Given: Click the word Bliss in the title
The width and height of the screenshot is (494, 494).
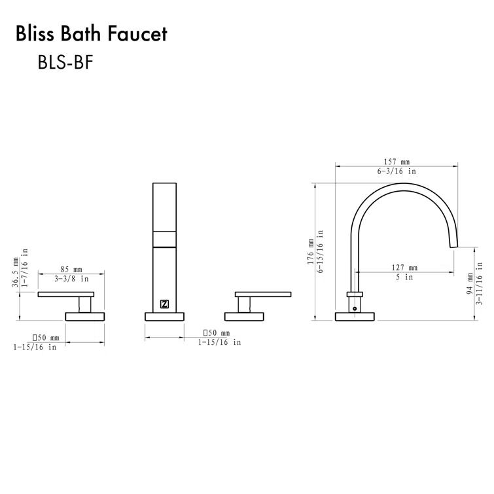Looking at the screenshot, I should tap(36, 33).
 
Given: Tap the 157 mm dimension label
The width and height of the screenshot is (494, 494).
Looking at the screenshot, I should tap(397, 162).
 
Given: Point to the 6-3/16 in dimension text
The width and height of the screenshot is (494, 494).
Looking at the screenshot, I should tap(397, 171).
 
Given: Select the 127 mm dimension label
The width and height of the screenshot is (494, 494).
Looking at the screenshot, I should tap(404, 268).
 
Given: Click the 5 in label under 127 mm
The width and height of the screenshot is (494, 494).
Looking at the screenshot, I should tap(404, 277).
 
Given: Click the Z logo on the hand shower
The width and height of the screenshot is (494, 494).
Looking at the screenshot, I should tap(164, 304).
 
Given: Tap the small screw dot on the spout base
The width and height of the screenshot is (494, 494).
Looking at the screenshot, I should tap(355, 305).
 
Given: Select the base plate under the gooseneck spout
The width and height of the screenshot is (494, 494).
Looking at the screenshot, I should tap(355, 317).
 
